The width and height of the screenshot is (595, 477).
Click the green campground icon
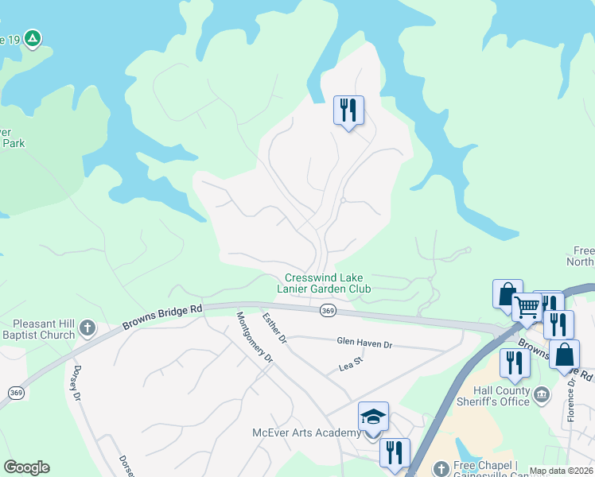33,38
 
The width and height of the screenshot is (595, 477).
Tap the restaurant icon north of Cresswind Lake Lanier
348,111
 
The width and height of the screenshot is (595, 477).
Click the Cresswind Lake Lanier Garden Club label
328,284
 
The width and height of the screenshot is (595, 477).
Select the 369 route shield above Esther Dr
328,311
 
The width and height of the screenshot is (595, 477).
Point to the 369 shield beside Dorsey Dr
15,393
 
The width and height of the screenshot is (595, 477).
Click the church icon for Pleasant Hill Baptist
87,327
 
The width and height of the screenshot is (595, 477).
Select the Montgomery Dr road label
255,337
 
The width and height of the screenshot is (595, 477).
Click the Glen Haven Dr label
364,343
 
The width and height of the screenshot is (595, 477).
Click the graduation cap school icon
373,416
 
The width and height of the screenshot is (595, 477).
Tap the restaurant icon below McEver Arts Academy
395,452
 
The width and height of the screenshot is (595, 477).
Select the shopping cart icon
527,306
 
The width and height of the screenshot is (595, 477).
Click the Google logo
26,467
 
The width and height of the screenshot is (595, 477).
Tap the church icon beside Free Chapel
442,467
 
